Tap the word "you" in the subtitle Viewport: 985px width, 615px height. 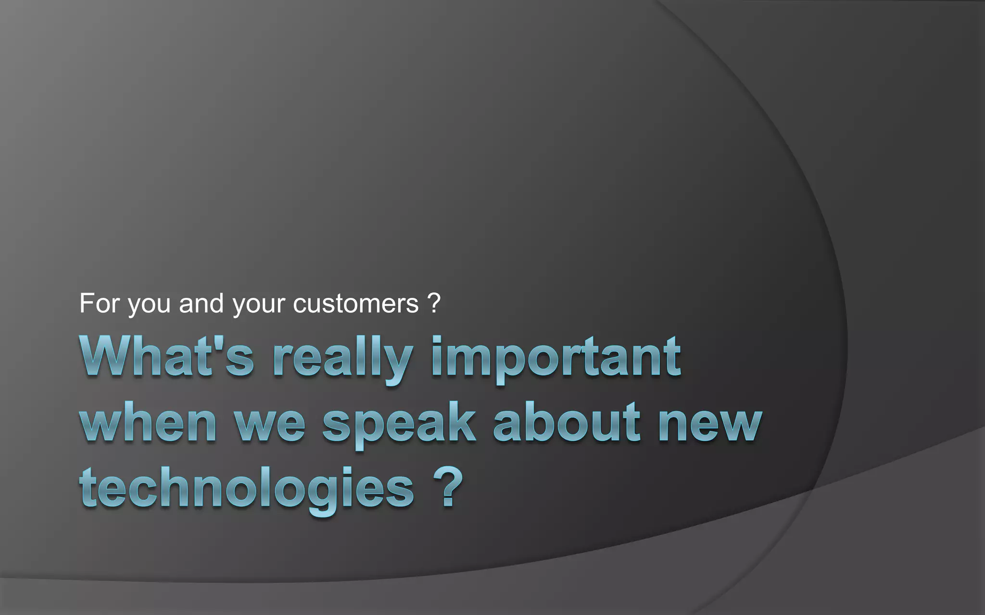[149, 305]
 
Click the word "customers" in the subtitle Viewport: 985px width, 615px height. [355, 304]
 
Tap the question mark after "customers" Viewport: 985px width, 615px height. [433, 303]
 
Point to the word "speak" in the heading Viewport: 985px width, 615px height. [399, 425]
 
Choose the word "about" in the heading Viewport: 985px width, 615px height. [567, 423]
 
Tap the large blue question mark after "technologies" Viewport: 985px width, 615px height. [447, 487]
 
